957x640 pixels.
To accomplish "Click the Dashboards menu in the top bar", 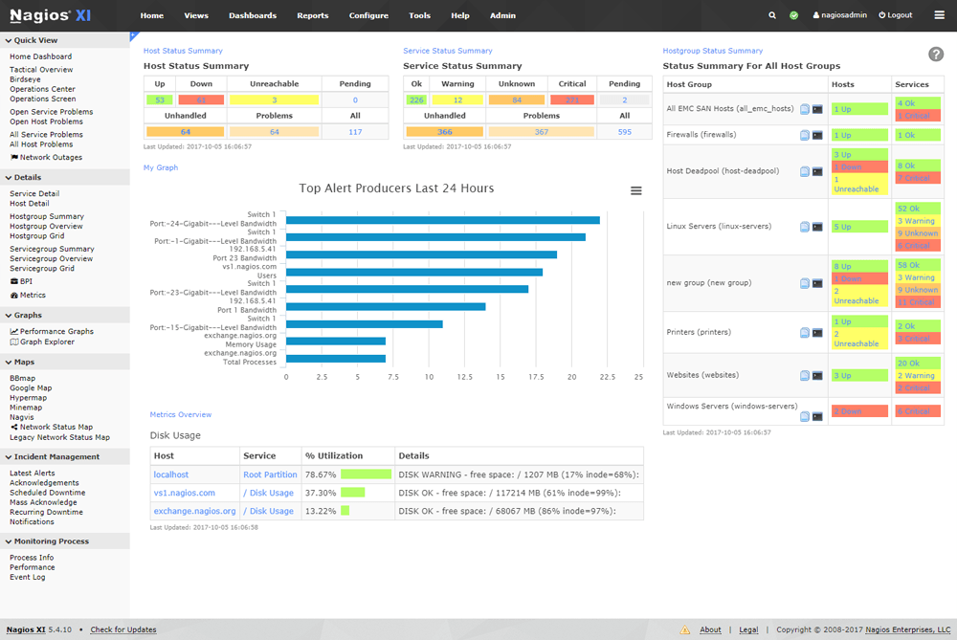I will (x=253, y=15).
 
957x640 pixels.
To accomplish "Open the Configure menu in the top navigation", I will (x=368, y=15).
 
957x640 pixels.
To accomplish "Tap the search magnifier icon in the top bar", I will (x=772, y=15).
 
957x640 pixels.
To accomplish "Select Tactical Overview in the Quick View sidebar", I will (x=41, y=70).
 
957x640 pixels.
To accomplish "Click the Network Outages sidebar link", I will (x=51, y=158).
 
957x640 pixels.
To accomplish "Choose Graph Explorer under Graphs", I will (x=47, y=342).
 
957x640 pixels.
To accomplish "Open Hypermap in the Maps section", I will (x=28, y=398).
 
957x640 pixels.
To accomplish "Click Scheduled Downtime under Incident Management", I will (x=47, y=493).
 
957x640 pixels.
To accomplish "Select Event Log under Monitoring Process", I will (x=27, y=577).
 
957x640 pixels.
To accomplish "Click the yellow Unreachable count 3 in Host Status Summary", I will (x=274, y=99).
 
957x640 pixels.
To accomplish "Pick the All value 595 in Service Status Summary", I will (x=624, y=132).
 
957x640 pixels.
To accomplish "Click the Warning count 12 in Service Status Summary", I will (x=457, y=99).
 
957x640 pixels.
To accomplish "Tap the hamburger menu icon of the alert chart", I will (x=636, y=191).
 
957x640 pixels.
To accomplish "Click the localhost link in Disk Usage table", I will (x=171, y=474).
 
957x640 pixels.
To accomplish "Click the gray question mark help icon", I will (x=936, y=55).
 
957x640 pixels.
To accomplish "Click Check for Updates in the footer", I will (x=123, y=629).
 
